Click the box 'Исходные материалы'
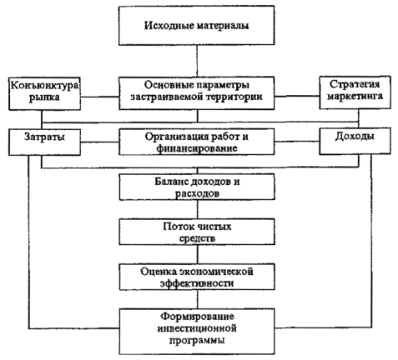(x=197, y=25)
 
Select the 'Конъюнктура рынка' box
(x=44, y=93)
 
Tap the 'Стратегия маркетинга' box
(x=355, y=92)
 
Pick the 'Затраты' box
(x=44, y=142)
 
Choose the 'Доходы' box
(x=355, y=141)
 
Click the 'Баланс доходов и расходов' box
(x=197, y=187)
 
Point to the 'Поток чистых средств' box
(x=197, y=232)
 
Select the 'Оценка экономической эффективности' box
(x=197, y=277)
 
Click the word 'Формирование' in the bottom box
(x=197, y=317)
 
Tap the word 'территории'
(x=234, y=97)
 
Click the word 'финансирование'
(x=197, y=148)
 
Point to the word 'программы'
(x=197, y=340)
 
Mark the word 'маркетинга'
(x=355, y=96)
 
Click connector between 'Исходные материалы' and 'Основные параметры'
(x=197, y=61)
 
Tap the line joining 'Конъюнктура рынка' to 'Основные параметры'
(x=100, y=97)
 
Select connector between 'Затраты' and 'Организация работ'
(x=100, y=142)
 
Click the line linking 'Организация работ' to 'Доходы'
(x=297, y=142)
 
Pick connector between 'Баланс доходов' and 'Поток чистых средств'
(x=198, y=209)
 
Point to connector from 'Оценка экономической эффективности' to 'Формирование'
(x=198, y=299)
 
